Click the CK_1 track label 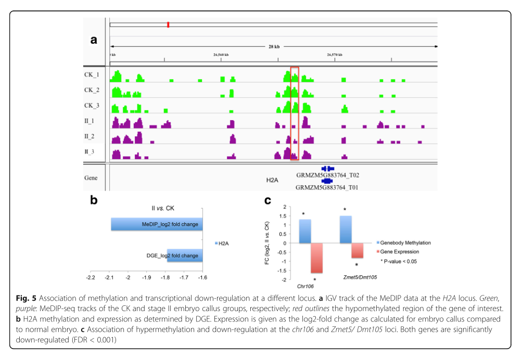click(92, 74)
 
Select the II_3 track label click(90, 151)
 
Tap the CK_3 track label click(92, 106)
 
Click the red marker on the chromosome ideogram click(168, 24)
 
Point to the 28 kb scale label click(274, 46)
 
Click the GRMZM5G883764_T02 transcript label click(328, 175)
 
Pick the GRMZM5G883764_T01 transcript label click(327, 187)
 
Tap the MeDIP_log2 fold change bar click(157, 224)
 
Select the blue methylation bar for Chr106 click(305, 231)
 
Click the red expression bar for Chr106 click(317, 258)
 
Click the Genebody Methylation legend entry click(405, 243)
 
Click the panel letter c click(267, 200)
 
